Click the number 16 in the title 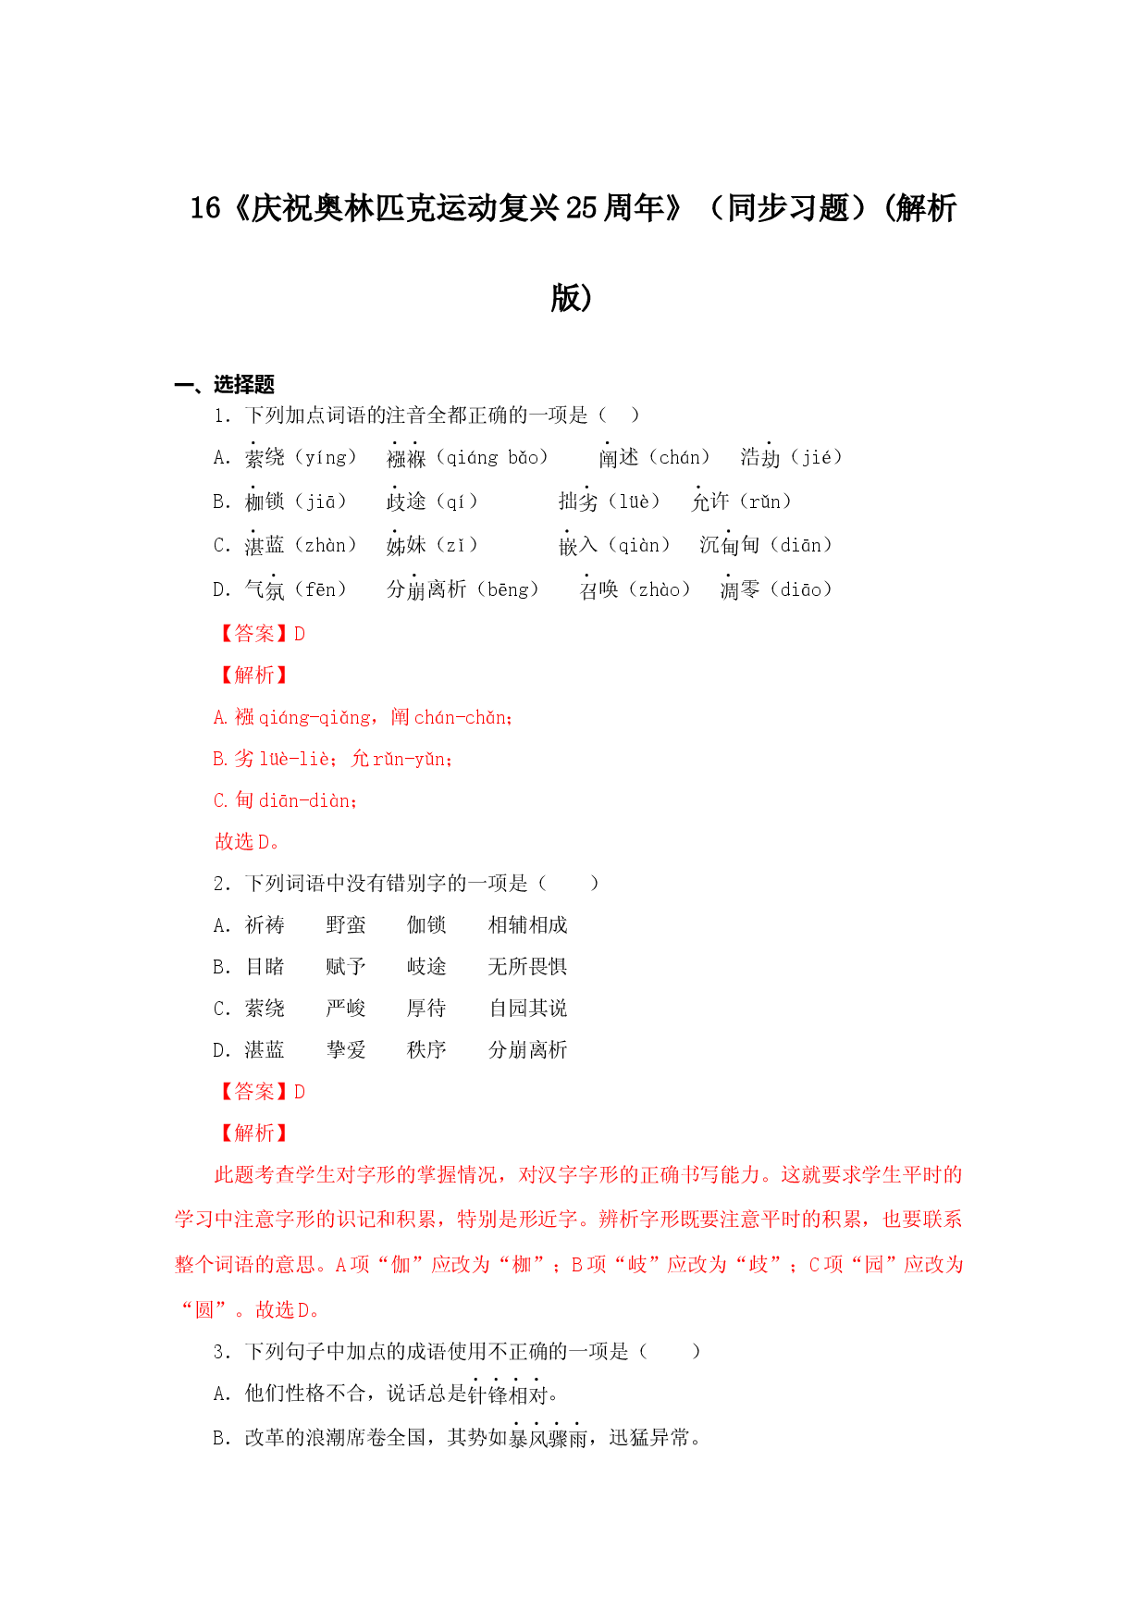click(x=204, y=208)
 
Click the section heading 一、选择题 click(x=225, y=385)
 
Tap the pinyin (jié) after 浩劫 click(x=817, y=457)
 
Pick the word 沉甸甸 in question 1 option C click(x=730, y=545)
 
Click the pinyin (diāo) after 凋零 click(x=801, y=589)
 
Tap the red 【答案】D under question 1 click(x=260, y=634)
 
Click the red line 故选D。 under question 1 click(x=248, y=842)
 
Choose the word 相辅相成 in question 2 click(x=528, y=925)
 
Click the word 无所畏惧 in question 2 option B click(x=528, y=967)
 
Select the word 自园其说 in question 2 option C click(x=528, y=1009)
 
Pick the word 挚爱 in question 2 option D click(x=346, y=1050)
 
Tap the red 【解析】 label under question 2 click(x=252, y=1134)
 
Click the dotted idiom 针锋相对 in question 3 click(x=508, y=1394)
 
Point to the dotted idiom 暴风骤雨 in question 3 click(x=549, y=1438)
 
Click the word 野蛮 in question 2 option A click(x=346, y=925)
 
